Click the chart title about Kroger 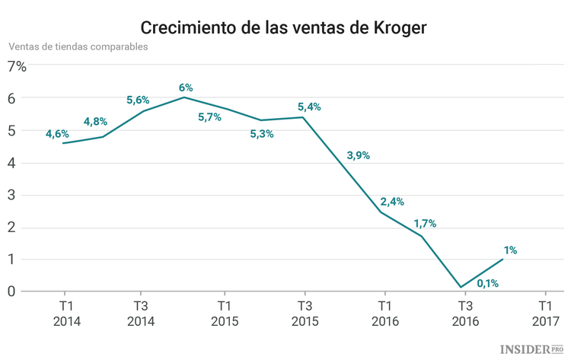click(x=285, y=27)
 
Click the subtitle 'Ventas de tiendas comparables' click(x=78, y=46)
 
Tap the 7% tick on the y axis click(x=17, y=66)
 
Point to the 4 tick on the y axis click(x=12, y=163)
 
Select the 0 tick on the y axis click(x=12, y=292)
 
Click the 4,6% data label click(x=57, y=134)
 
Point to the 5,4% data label click(x=308, y=107)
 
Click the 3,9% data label click(x=358, y=156)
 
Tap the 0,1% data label click(x=487, y=284)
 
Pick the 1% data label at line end click(x=510, y=250)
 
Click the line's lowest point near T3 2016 click(x=461, y=288)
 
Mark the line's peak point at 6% click(x=183, y=97)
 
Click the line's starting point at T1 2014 click(x=62, y=143)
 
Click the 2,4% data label click(x=391, y=202)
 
